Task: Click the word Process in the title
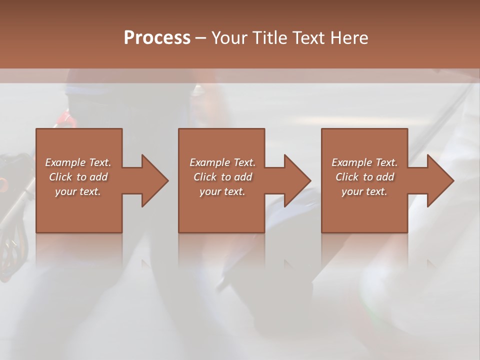(x=157, y=38)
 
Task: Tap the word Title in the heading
(x=268, y=38)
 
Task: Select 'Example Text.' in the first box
(x=78, y=162)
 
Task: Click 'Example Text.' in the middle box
(x=222, y=162)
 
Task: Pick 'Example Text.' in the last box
(x=364, y=162)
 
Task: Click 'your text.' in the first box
(x=78, y=191)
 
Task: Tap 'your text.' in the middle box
(x=222, y=191)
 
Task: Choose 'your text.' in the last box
(x=364, y=191)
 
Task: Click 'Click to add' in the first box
(x=78, y=177)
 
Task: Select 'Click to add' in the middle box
(x=222, y=177)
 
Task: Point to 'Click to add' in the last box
(x=364, y=177)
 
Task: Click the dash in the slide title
(x=201, y=38)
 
